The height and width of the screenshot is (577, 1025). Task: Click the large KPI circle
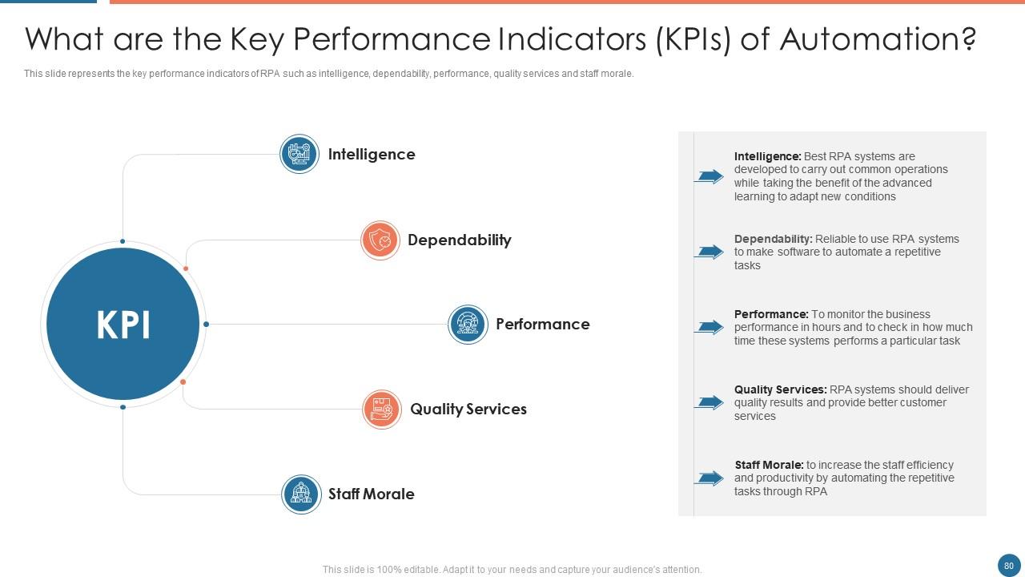123,324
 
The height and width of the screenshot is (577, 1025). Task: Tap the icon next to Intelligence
299,154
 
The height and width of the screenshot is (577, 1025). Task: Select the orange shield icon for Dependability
380,240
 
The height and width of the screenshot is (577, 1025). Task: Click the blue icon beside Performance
468,325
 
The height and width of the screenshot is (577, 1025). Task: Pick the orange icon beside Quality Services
382,410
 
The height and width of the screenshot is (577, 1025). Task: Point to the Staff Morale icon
301,494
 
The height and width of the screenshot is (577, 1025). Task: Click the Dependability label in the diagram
460,240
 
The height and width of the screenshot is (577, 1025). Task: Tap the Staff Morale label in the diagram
371,494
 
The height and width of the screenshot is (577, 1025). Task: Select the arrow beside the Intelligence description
709,176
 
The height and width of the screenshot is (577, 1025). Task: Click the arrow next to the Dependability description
709,252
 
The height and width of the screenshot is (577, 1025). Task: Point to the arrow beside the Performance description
709,327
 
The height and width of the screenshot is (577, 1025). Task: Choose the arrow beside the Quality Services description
709,402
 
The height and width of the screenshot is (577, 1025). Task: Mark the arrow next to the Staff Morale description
709,478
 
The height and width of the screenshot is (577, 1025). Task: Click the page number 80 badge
1008,566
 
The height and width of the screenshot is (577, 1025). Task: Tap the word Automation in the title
878,39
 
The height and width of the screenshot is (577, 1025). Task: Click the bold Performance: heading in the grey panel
771,314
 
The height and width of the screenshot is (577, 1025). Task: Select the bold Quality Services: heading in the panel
780,389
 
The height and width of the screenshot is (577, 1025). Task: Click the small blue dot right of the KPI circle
206,325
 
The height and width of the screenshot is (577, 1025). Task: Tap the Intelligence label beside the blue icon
372,155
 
